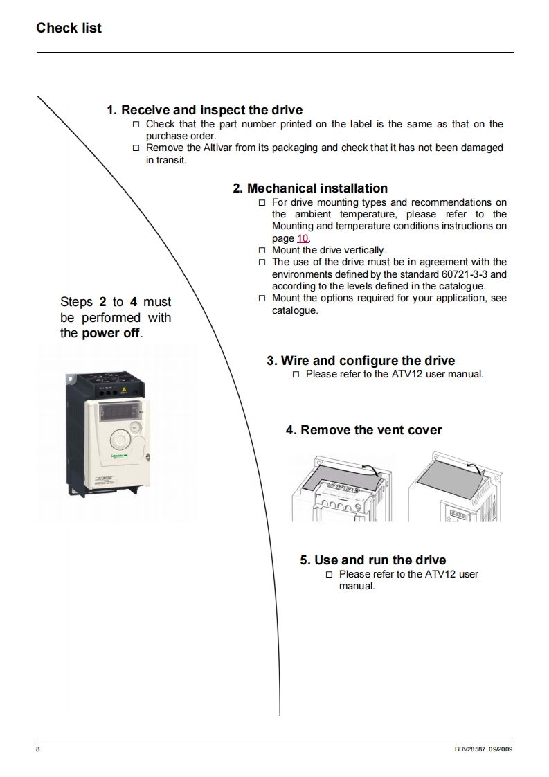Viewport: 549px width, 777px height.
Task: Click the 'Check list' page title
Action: [x=69, y=28]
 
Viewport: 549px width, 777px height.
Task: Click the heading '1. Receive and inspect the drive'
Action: [x=204, y=110]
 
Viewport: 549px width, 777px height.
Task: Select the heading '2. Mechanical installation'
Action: [x=310, y=188]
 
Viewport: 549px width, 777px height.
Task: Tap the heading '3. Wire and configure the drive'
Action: [x=361, y=361]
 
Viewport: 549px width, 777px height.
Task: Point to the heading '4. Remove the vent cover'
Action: [x=363, y=430]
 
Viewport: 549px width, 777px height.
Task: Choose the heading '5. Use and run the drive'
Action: [x=372, y=560]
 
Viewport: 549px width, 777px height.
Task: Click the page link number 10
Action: [x=303, y=238]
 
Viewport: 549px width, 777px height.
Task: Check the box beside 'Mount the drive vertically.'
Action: [x=262, y=251]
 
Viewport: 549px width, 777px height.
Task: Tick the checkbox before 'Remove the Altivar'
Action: [x=136, y=148]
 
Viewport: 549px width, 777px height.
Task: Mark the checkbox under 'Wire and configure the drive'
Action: [x=296, y=375]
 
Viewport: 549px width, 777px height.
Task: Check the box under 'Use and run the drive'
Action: [x=329, y=575]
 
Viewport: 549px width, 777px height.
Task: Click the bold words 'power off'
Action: [x=111, y=333]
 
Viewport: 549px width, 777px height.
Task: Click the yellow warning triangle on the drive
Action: [x=124, y=391]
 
